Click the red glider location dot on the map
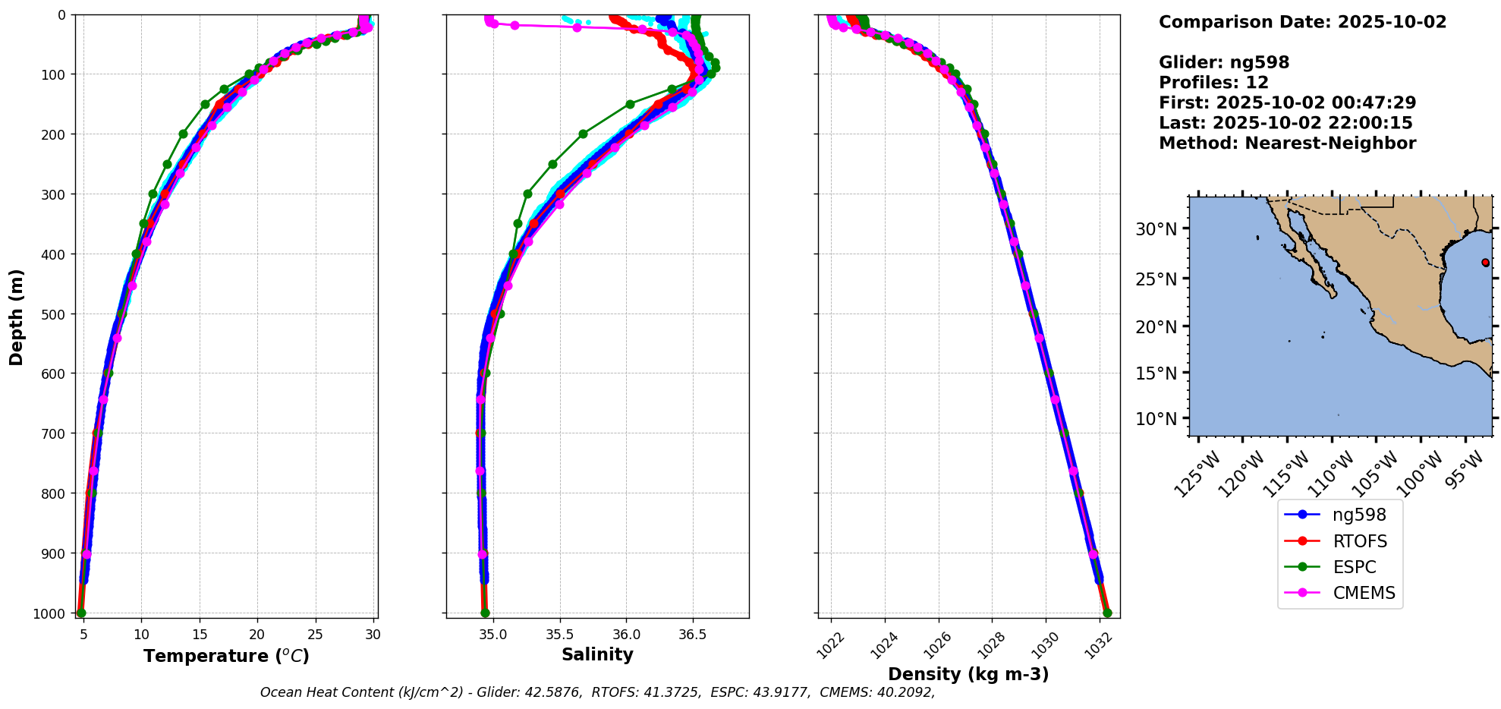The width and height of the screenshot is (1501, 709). coord(1485,263)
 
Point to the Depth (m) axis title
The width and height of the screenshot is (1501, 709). coord(16,317)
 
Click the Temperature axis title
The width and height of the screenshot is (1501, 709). coord(226,656)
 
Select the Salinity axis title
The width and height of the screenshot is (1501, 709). coord(597,654)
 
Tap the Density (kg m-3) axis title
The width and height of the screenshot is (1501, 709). coord(968,674)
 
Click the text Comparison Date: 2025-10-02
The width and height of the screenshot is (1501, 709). coord(1302,22)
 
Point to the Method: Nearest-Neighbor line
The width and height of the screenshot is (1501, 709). coord(1287,143)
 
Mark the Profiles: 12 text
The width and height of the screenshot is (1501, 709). coord(1213,83)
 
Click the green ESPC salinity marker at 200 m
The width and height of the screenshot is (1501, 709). coord(583,134)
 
